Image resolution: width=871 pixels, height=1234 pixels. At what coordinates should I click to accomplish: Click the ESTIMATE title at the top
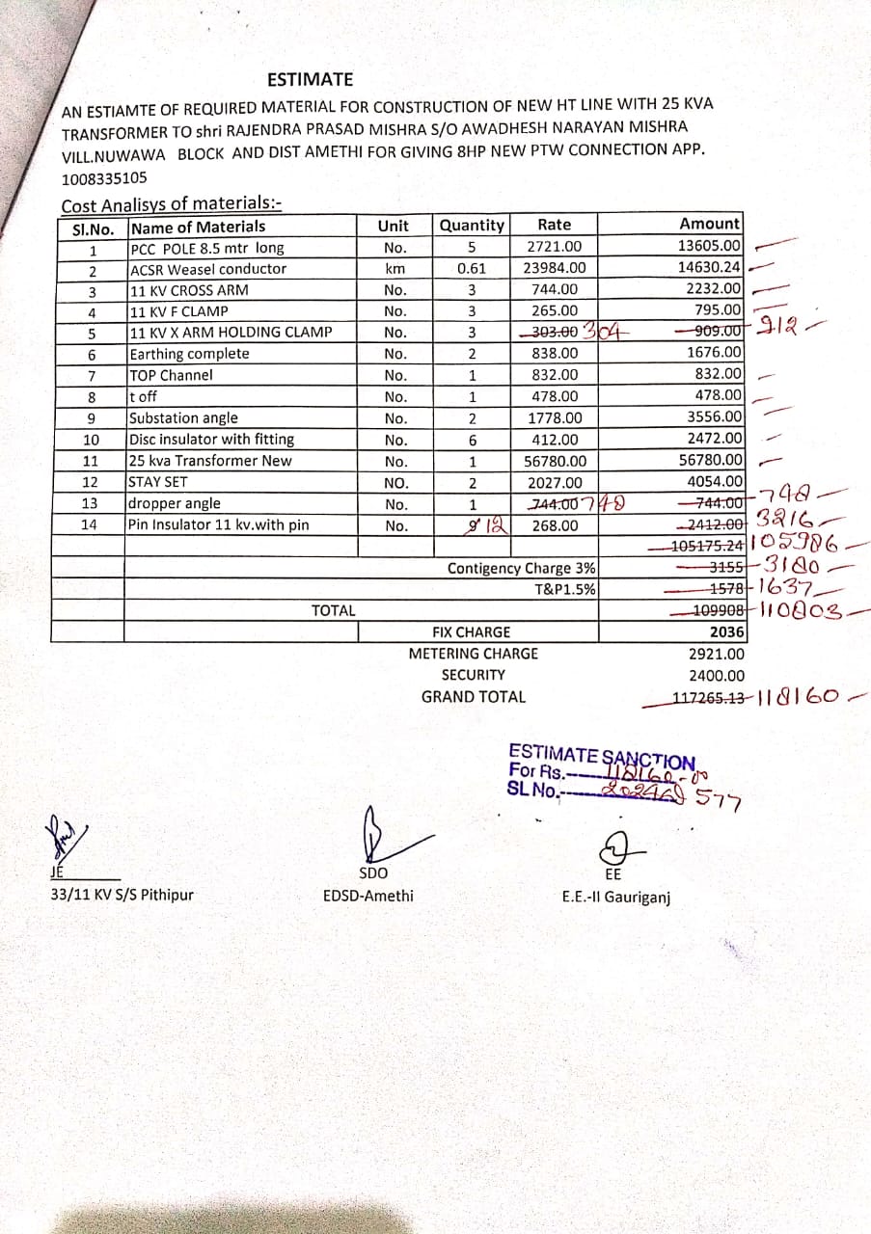click(x=310, y=79)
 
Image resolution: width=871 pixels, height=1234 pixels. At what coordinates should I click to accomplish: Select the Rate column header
click(x=554, y=226)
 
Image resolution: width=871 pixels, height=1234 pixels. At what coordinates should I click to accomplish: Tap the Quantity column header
click(x=472, y=226)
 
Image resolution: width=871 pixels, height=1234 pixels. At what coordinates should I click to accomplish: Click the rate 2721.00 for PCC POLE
click(x=554, y=247)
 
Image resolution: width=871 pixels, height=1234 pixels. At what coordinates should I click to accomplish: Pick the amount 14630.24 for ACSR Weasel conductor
click(x=709, y=268)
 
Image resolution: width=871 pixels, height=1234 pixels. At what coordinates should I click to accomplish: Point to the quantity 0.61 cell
click(x=472, y=268)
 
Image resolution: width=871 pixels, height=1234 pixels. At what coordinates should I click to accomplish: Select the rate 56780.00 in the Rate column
click(x=555, y=461)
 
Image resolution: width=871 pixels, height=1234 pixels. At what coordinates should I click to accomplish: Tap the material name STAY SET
click(x=159, y=482)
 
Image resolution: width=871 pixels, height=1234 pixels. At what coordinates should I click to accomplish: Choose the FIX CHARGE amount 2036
click(x=726, y=632)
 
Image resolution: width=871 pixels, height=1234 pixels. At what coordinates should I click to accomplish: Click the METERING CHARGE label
click(x=473, y=654)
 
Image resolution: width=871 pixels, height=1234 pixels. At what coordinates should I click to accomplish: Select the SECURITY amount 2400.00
click(x=717, y=676)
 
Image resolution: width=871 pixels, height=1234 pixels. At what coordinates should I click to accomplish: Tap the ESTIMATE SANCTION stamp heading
click(x=601, y=756)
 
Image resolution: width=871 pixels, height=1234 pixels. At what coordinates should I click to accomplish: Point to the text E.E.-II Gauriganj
click(x=615, y=897)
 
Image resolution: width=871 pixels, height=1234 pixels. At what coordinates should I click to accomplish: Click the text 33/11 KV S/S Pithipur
click(x=122, y=895)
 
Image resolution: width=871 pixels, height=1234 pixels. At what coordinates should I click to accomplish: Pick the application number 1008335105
click(x=105, y=178)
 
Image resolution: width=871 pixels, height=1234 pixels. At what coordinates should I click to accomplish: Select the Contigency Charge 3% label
click(x=521, y=568)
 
